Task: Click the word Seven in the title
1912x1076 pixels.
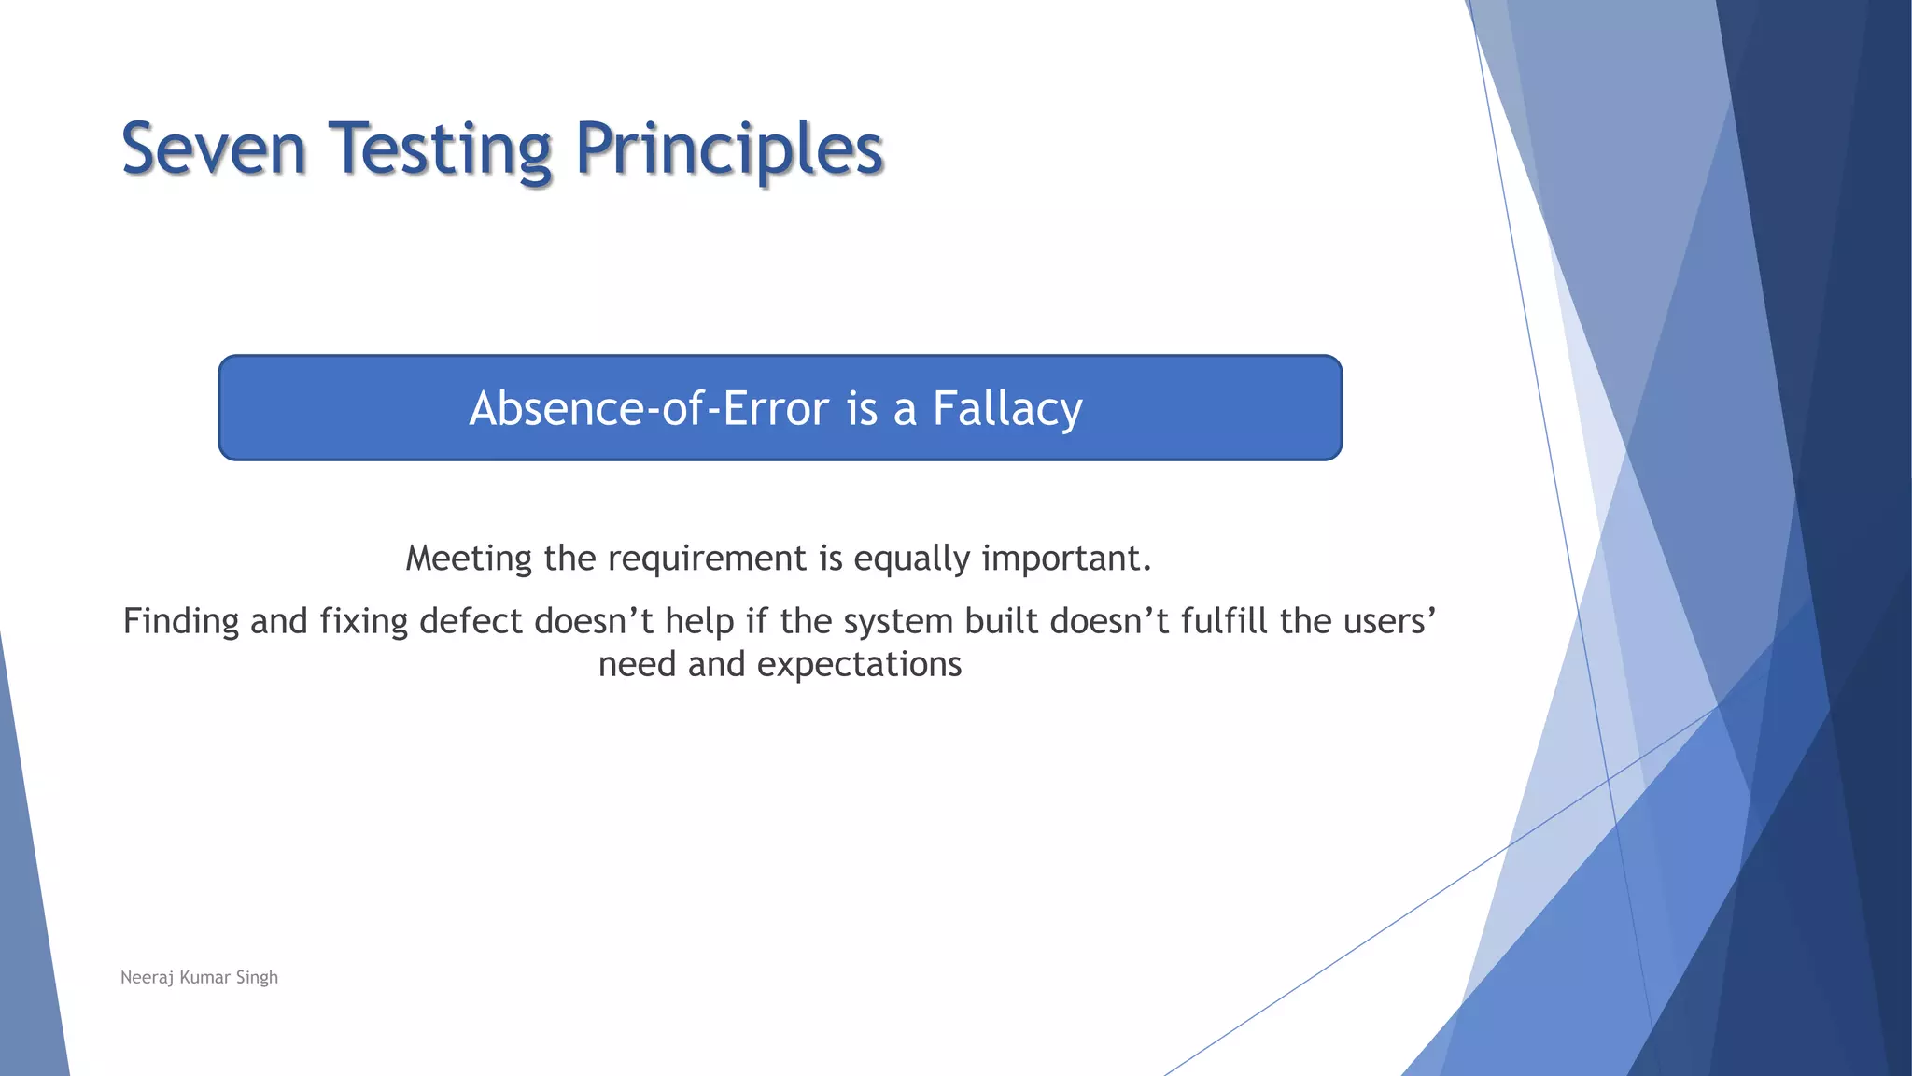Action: point(214,149)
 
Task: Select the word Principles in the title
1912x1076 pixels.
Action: point(729,151)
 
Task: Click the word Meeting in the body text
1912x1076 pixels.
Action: point(469,559)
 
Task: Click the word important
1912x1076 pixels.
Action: point(1067,559)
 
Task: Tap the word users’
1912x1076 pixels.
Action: point(1389,622)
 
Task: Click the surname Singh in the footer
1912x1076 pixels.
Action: point(257,978)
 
